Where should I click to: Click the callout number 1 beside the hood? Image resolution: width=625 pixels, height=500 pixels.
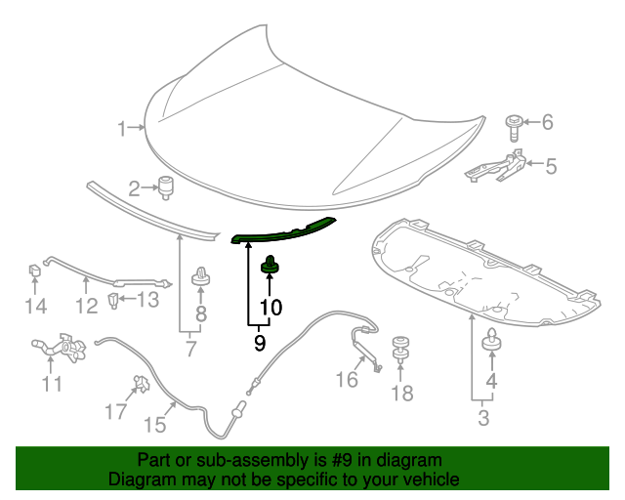123,128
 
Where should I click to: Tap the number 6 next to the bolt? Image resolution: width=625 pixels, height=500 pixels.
547,122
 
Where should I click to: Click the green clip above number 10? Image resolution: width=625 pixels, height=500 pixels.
270,263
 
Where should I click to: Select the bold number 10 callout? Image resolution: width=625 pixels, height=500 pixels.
270,307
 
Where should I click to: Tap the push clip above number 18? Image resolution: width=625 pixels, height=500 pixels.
400,346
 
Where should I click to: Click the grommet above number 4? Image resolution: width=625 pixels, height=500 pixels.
492,341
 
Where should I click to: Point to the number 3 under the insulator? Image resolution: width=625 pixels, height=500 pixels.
482,420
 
